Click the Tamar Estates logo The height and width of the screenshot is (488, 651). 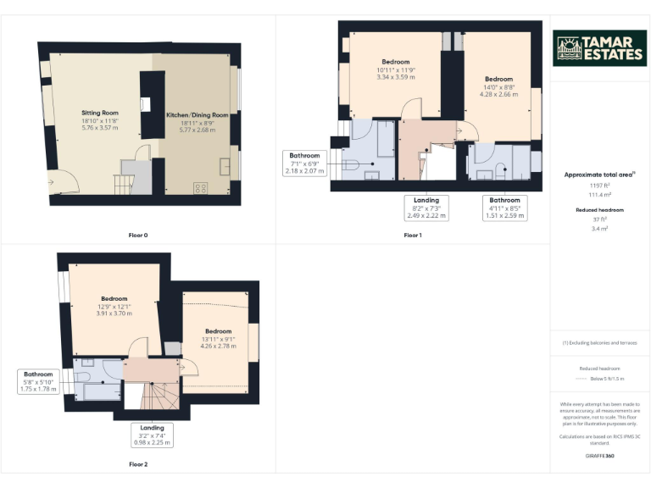click(x=599, y=48)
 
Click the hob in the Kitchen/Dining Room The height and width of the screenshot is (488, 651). click(x=201, y=188)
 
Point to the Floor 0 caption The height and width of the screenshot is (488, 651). click(x=138, y=235)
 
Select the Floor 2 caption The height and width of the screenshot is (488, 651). click(x=138, y=464)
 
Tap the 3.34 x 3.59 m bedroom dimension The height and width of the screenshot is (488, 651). click(x=395, y=77)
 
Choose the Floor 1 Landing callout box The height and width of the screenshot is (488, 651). click(x=426, y=208)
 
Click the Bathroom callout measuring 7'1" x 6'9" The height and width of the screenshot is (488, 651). click(x=304, y=164)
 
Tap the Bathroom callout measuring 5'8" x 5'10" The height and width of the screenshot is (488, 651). click(x=38, y=381)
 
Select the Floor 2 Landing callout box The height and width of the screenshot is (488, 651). click(x=152, y=435)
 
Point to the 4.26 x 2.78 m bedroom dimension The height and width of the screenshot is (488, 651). click(x=218, y=346)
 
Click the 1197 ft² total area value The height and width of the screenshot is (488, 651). click(x=599, y=185)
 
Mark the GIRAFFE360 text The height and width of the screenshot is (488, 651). click(x=599, y=456)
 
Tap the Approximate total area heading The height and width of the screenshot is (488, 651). click(x=599, y=175)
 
